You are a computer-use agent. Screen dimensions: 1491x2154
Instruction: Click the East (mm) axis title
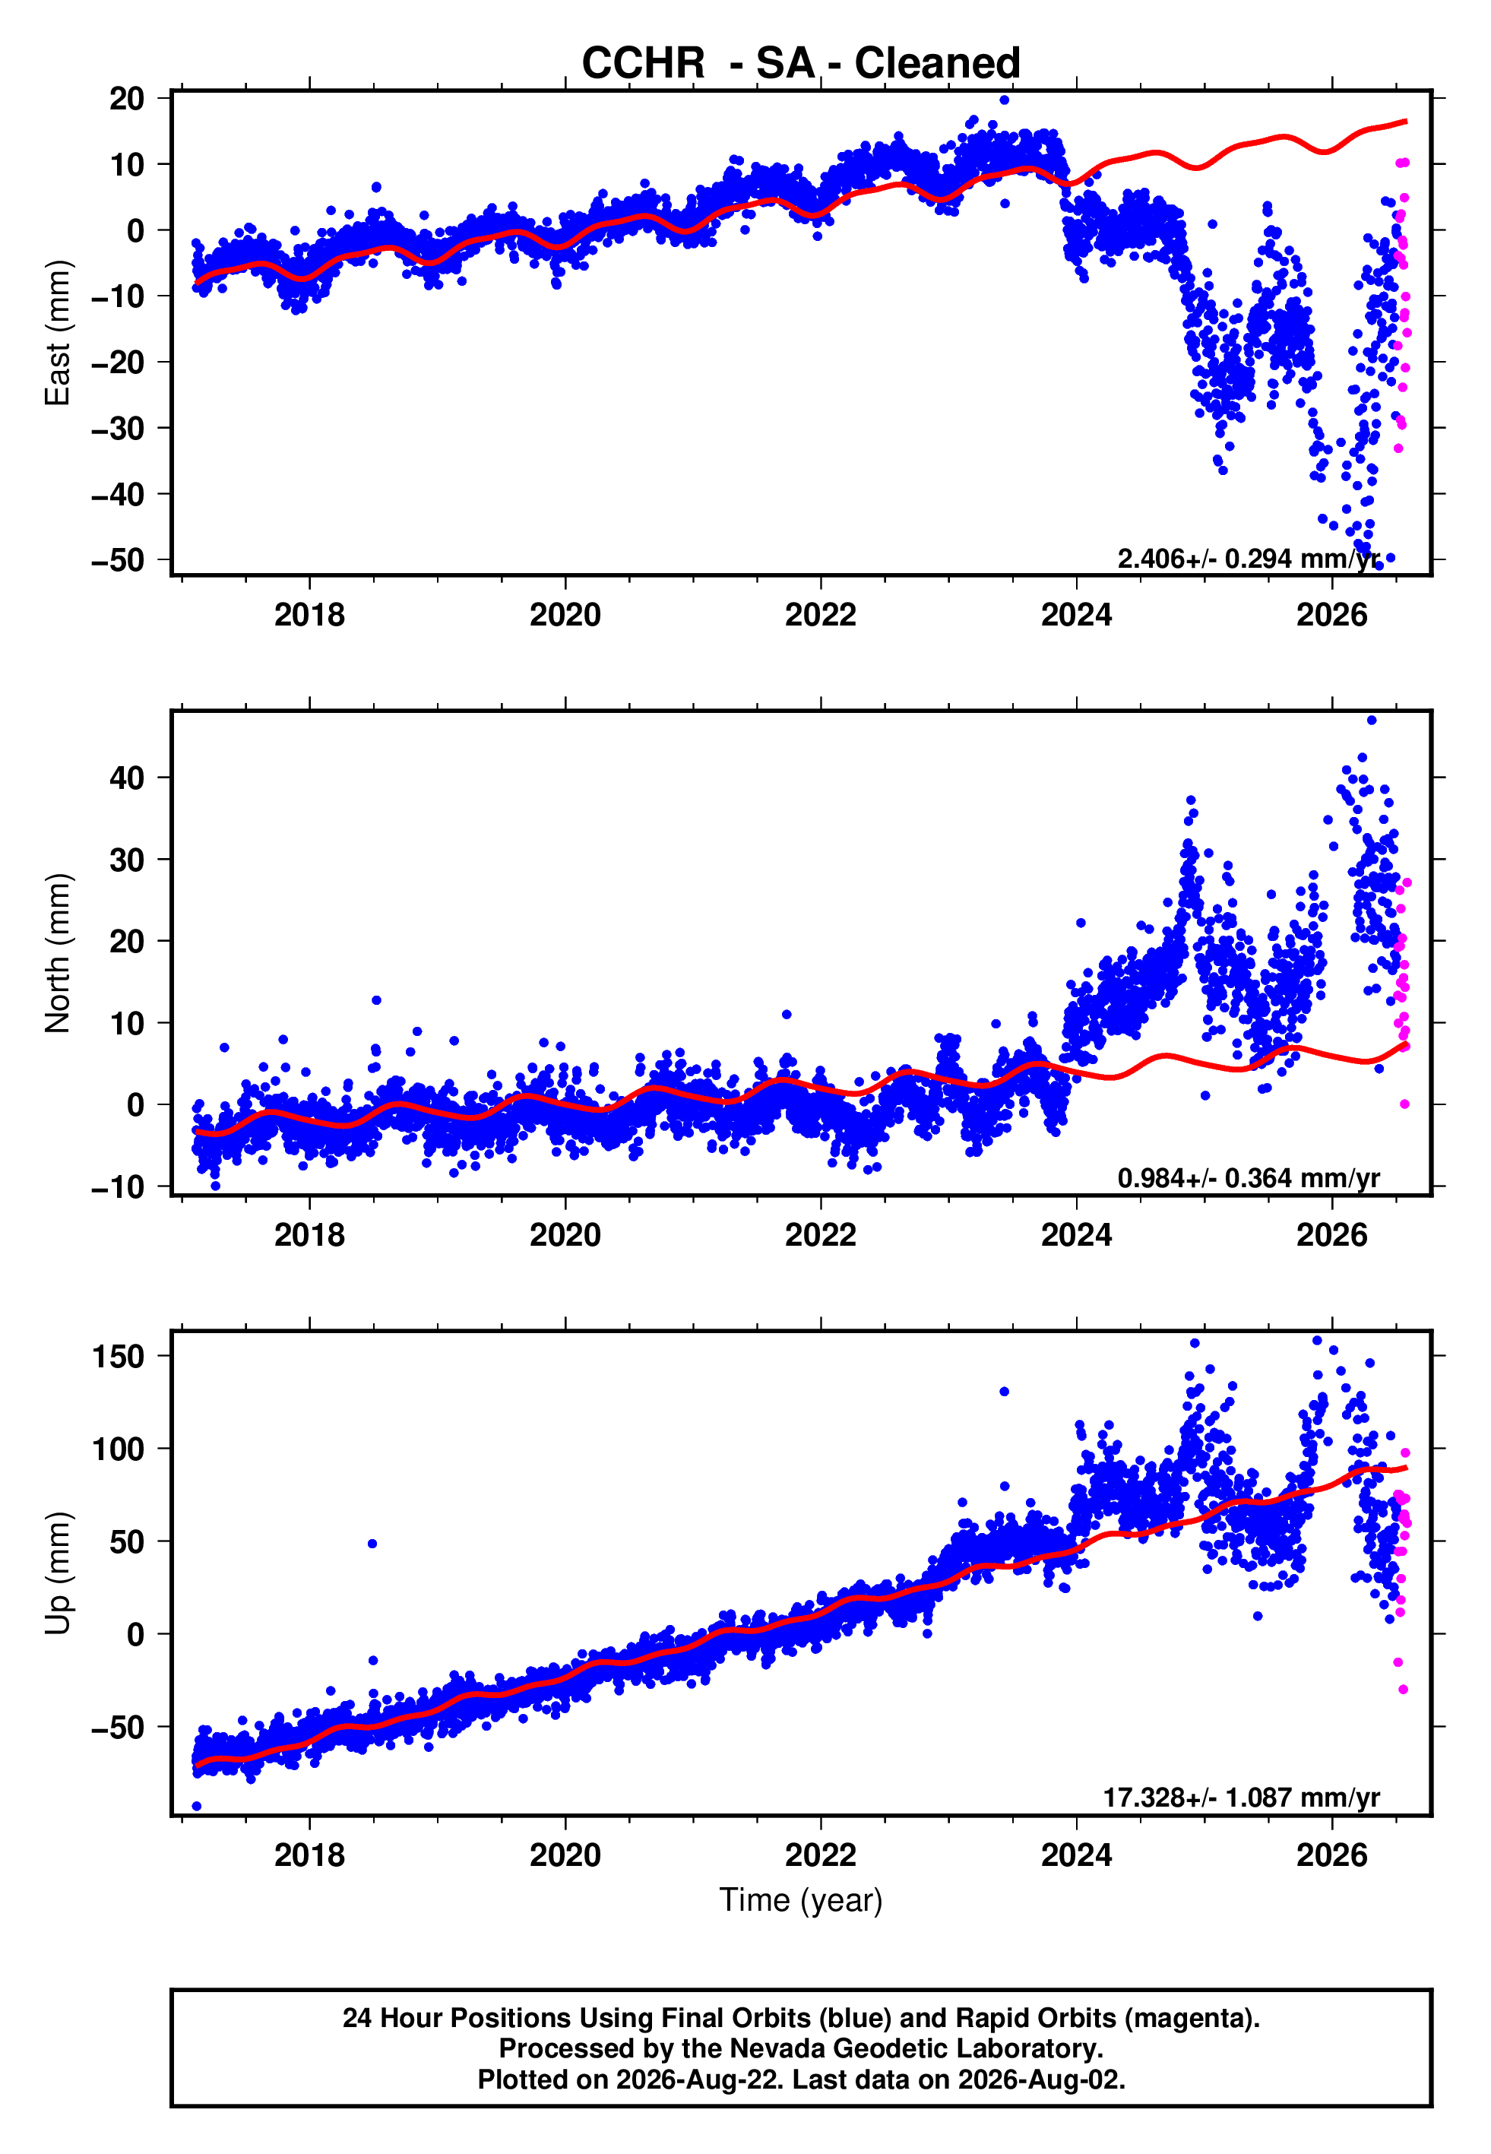(57, 333)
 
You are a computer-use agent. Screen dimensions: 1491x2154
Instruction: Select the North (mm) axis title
(57, 953)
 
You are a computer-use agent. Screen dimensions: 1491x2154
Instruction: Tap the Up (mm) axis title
(57, 1573)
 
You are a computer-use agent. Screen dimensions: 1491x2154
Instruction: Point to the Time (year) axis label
(801, 1900)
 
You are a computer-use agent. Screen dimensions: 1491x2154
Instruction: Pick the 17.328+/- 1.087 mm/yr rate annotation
(1241, 1798)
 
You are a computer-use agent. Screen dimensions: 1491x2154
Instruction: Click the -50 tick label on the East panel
(118, 560)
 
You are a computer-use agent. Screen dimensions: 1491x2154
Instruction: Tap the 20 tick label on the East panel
(127, 98)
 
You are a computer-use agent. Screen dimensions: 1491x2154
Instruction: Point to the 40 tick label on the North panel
(127, 778)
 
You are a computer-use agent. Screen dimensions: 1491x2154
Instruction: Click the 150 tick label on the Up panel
(119, 1355)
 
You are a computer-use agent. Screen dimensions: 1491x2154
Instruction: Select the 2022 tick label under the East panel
(820, 615)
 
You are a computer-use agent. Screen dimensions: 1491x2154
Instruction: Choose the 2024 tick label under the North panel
(1076, 1235)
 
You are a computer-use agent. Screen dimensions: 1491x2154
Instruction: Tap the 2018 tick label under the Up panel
(309, 1855)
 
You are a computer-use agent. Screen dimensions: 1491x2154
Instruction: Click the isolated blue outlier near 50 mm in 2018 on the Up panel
(372, 1544)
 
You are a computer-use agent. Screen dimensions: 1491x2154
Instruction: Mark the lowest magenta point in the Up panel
(1403, 1690)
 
